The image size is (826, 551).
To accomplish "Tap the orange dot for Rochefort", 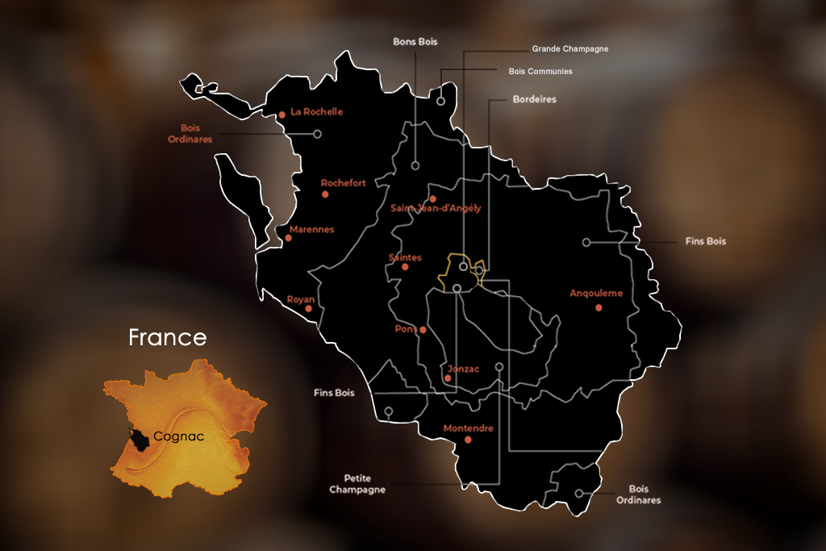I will [325, 194].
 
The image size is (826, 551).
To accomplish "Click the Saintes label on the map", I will [405, 257].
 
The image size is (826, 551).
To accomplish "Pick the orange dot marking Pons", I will [423, 329].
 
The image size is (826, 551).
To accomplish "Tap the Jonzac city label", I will [463, 369].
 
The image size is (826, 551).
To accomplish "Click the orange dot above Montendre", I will [468, 440].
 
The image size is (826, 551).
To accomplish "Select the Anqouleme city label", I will [596, 294].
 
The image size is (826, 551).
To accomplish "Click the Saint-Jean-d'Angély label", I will [436, 208].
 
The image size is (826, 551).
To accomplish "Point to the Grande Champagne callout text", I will [569, 49].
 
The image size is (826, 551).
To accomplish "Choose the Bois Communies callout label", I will [540, 71].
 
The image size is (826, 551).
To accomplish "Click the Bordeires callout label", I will [535, 99].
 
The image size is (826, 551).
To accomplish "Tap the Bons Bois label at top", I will [415, 41].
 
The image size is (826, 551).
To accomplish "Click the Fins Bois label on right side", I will [705, 241].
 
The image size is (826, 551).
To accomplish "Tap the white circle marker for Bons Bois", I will [415, 165].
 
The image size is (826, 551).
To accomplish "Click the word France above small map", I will [168, 337].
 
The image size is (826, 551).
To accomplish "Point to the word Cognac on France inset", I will [178, 436].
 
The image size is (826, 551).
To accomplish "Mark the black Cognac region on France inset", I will [137, 439].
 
